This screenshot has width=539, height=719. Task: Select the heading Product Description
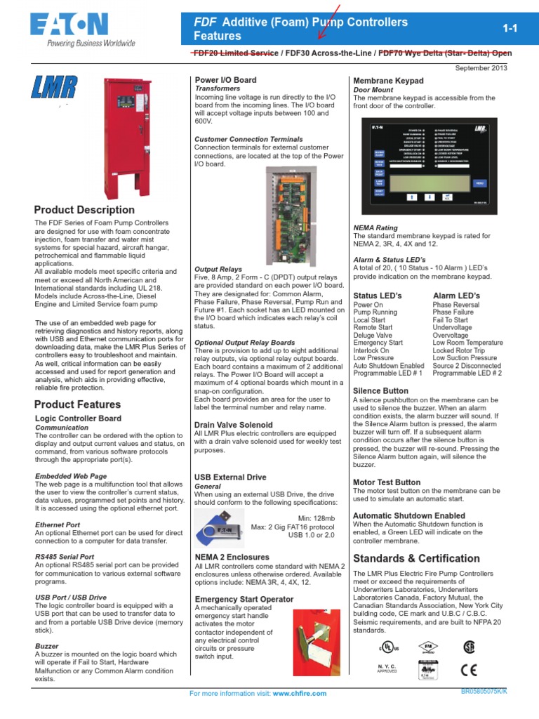point(84,210)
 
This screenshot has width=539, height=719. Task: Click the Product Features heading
point(77,404)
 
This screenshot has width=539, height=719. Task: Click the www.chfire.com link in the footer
point(300,694)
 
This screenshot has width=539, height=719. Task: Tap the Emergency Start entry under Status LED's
point(378,343)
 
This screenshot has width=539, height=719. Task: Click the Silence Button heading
point(380,390)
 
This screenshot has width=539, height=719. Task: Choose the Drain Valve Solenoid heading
point(234,425)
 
